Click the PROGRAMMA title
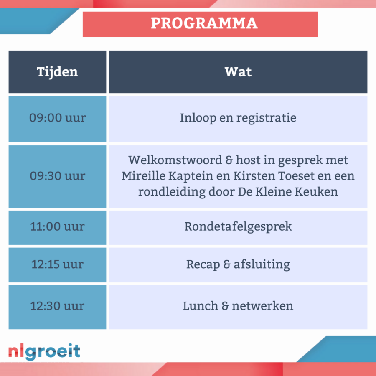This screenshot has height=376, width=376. pos(204,23)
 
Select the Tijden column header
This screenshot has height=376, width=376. pos(57,72)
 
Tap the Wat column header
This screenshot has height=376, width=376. pos(238,72)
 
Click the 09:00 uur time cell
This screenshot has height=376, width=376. pos(57,119)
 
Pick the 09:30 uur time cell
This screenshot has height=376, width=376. pos(57,176)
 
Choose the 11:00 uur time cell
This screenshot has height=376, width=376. pos(57,228)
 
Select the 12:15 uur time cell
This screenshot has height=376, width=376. pos(57,265)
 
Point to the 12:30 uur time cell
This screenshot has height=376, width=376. pos(57,307)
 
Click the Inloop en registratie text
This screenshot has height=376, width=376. pos(238,118)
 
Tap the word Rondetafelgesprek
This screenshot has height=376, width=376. pos(238,227)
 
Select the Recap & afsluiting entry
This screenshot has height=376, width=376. pos(238,265)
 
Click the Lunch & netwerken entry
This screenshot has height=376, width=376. pos(238,306)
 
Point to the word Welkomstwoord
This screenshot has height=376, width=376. pos(175,160)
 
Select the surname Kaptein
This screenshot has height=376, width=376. pos(191,176)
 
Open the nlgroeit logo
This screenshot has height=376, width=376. pos(44,352)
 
